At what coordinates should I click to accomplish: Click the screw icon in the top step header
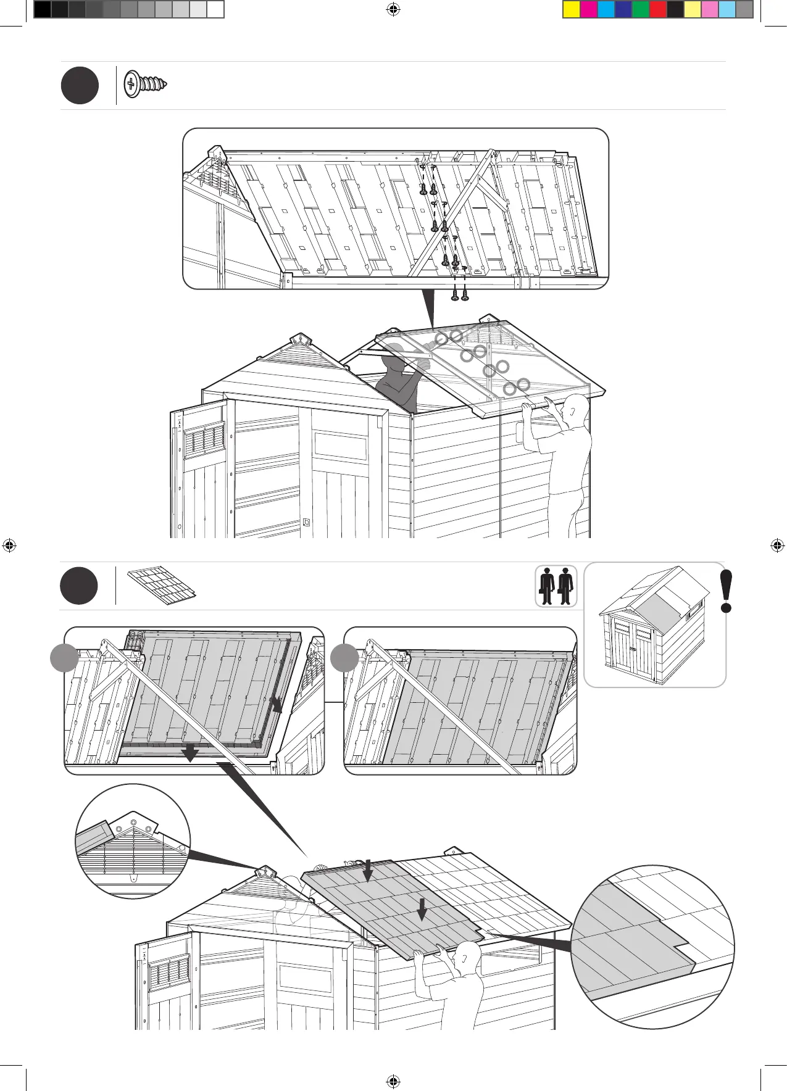(146, 85)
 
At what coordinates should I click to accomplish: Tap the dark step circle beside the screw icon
(80, 86)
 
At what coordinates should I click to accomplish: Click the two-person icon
(556, 586)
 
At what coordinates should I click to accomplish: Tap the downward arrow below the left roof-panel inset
(191, 753)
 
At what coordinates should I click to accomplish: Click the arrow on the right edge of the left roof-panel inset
(276, 705)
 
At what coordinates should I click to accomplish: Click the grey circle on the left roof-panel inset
(64, 658)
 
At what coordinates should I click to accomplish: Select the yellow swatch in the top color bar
(572, 9)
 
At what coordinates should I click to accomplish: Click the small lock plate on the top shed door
(307, 522)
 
